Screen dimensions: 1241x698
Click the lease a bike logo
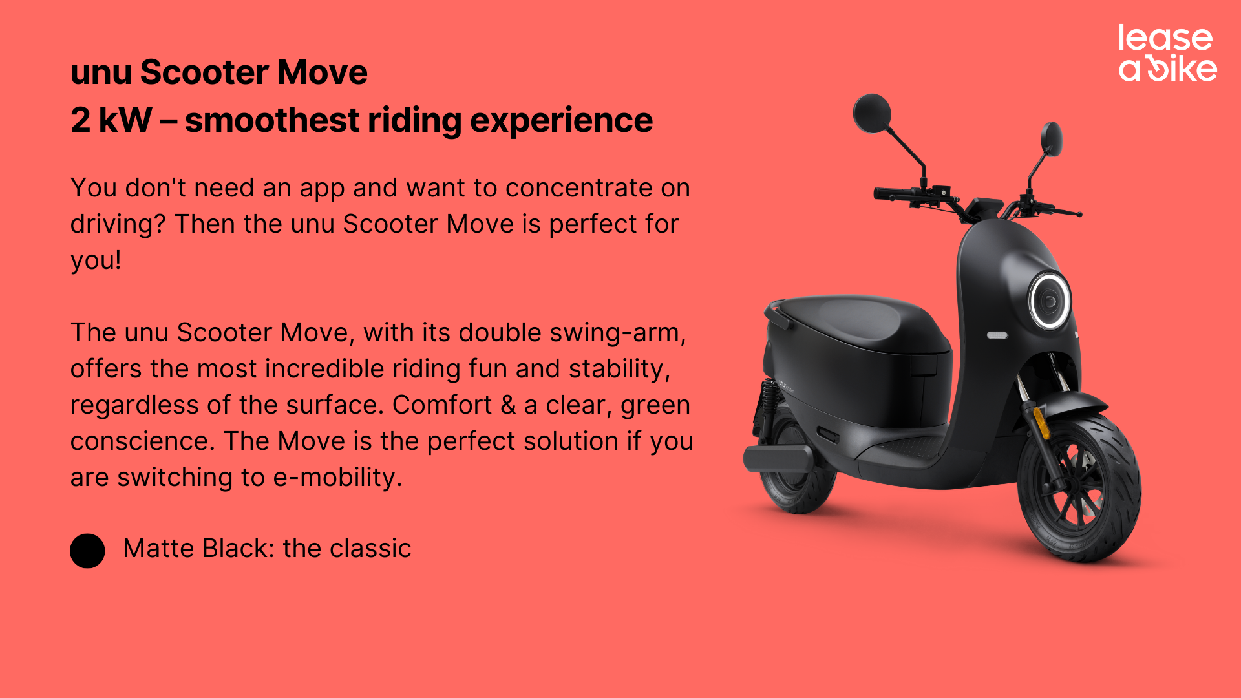1167,53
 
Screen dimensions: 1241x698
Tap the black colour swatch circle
87,551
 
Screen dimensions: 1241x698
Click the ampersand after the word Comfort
508,405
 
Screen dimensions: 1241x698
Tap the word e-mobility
337,478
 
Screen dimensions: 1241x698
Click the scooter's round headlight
1049,301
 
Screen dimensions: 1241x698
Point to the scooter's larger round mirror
873,113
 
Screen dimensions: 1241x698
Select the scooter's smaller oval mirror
1052,138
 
